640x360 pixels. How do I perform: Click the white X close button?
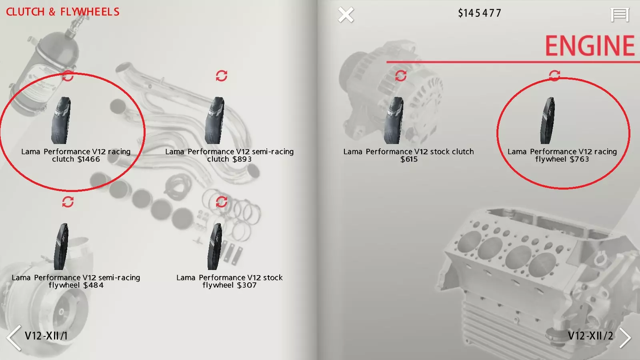pos(346,14)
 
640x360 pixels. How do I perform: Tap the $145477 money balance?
pos(480,13)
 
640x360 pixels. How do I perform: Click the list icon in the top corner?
pos(620,14)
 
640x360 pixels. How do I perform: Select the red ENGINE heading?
pos(590,46)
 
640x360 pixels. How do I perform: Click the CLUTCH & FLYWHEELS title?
pos(62,12)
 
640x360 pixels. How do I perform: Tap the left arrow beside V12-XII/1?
pos(14,338)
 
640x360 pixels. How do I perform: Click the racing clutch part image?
pos(61,120)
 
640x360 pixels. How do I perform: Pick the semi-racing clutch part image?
pos(214,120)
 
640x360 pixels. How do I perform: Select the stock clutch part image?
pos(394,120)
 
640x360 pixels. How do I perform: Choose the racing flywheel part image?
pos(548,120)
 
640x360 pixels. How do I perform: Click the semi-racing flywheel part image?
pos(61,246)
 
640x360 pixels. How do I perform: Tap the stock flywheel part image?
pos(214,246)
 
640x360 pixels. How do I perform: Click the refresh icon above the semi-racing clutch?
pos(222,76)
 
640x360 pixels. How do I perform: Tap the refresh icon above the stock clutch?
pos(400,76)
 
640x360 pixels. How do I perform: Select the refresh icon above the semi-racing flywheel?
pos(68,202)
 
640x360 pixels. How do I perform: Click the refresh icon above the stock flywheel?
pos(222,202)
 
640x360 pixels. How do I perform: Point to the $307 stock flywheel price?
pos(245,285)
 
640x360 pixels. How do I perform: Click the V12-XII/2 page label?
pos(590,336)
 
